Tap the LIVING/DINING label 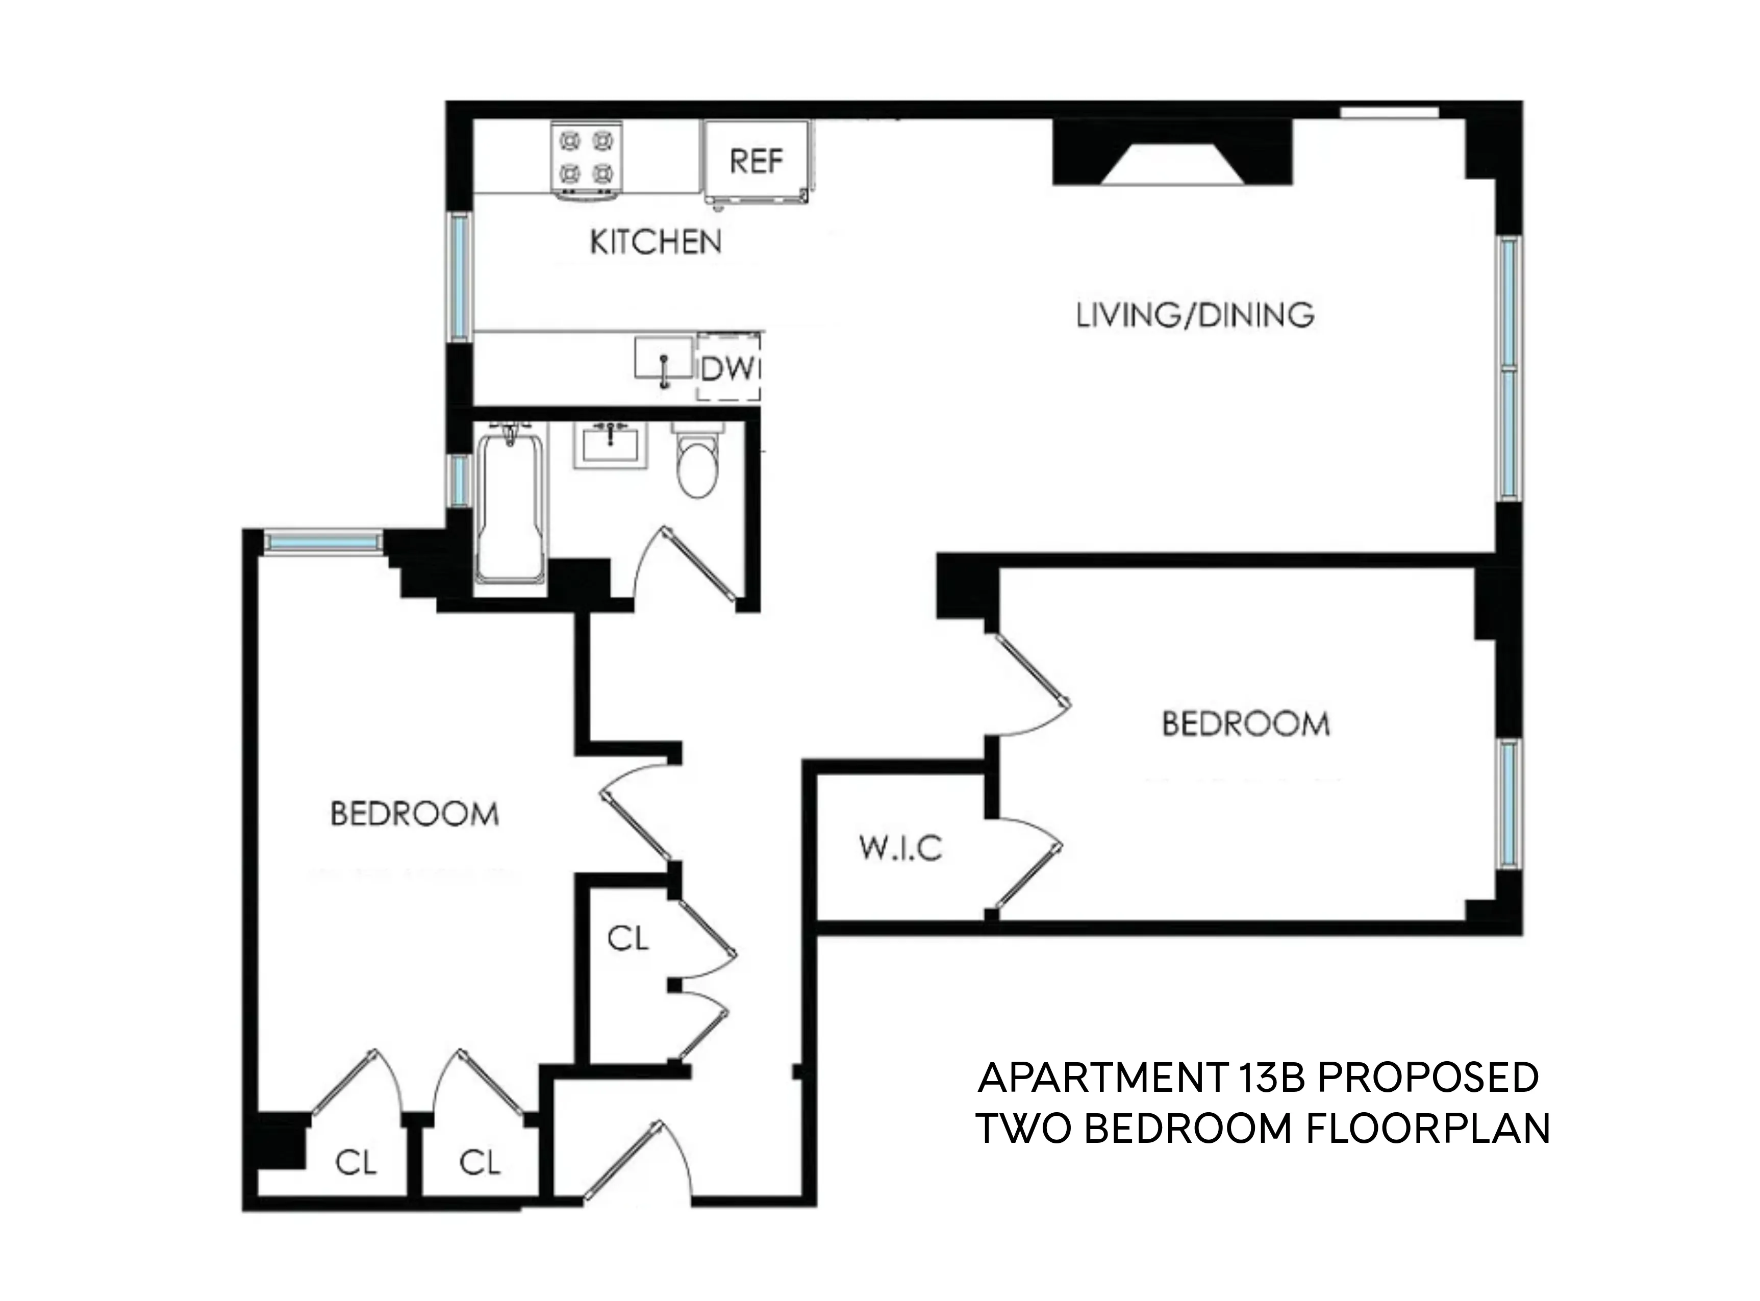click(1195, 315)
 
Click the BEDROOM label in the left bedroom click(414, 814)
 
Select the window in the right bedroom click(1507, 803)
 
